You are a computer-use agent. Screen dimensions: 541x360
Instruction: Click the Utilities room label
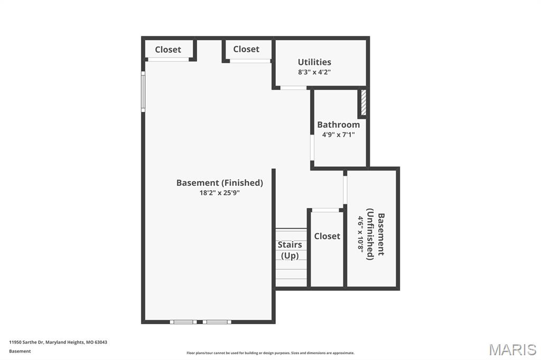tap(314, 62)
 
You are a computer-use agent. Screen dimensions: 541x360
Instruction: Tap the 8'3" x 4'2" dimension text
tap(314, 72)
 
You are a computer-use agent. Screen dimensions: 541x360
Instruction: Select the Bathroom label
tap(339, 125)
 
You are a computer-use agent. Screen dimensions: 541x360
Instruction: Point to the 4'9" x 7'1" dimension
tap(339, 135)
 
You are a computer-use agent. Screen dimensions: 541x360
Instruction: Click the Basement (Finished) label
tap(219, 183)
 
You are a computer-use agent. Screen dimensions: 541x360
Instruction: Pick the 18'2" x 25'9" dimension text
tap(219, 193)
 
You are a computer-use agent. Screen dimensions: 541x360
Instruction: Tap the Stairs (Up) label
tap(290, 250)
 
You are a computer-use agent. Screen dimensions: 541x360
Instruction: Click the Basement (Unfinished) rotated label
tap(376, 234)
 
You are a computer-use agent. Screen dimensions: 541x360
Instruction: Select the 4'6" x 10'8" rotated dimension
tap(360, 234)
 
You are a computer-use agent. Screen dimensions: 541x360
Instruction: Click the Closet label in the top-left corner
tap(168, 50)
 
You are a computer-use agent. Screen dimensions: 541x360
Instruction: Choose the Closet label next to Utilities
tap(246, 49)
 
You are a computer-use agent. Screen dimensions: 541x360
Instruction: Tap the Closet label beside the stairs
tap(327, 236)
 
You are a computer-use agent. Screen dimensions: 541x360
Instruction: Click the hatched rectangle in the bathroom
tap(363, 102)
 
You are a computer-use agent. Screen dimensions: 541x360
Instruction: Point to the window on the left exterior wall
tap(143, 91)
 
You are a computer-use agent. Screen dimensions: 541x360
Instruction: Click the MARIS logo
tap(512, 349)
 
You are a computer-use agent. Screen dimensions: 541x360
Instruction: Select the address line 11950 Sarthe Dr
tap(58, 343)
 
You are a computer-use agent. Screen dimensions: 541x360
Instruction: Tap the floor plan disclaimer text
tap(270, 353)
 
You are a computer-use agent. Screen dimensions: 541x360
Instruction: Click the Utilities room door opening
tap(293, 88)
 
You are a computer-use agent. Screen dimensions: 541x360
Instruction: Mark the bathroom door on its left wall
tap(312, 148)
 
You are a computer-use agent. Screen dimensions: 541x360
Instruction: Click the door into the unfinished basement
tap(345, 190)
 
